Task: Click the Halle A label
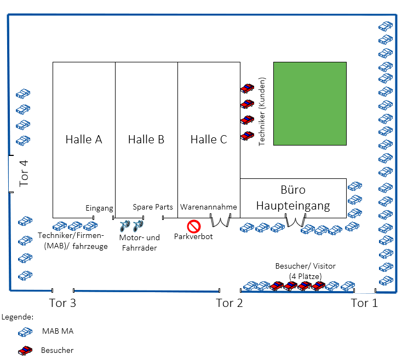84,140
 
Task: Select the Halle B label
146,140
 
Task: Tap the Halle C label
209,140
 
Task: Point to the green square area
310,103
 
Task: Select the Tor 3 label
63,304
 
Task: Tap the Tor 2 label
229,304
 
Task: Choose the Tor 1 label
364,304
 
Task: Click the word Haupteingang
294,206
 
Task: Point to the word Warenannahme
209,207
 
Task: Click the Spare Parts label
153,207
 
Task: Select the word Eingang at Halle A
100,208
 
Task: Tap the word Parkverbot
193,237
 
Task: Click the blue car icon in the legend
24,332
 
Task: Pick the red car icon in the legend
24,350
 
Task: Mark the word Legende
18,317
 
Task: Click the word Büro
293,191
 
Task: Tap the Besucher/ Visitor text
305,266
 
